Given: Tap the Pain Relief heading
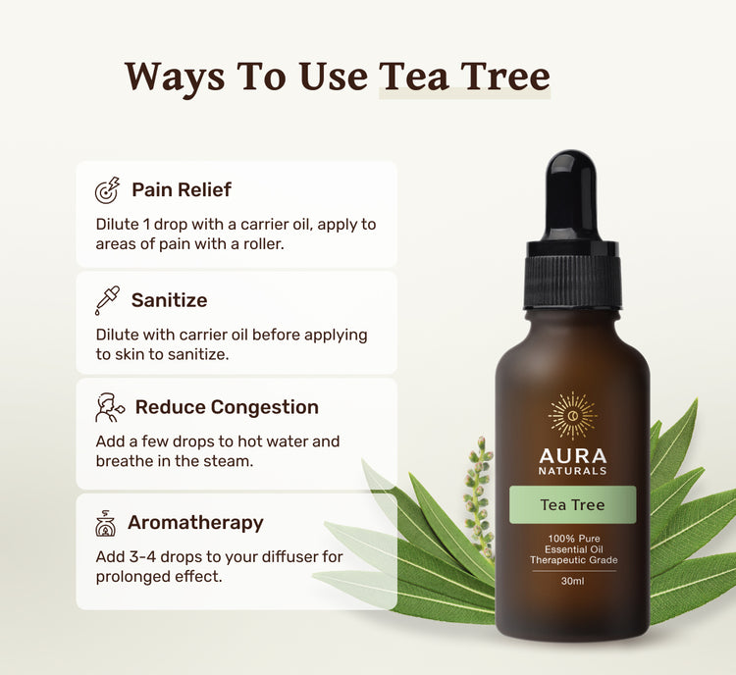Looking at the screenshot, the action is pyautogui.click(x=182, y=189).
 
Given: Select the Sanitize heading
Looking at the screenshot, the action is pyautogui.click(x=170, y=300).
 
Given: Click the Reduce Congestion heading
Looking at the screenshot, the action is pyautogui.click(x=227, y=407).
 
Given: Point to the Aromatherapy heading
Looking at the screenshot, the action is pyautogui.click(x=195, y=523).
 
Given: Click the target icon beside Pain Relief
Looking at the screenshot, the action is pyautogui.click(x=108, y=190).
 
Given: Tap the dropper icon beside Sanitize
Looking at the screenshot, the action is pyautogui.click(x=108, y=300).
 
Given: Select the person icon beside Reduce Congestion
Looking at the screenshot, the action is pyautogui.click(x=110, y=407).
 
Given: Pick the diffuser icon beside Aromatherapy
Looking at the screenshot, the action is pyautogui.click(x=106, y=523).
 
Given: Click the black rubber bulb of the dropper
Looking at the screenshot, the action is pyautogui.click(x=571, y=196).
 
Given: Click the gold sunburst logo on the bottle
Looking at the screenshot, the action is pyautogui.click(x=573, y=416).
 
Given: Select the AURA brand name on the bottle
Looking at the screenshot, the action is pyautogui.click(x=573, y=456).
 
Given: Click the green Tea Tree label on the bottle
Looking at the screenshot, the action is pyautogui.click(x=573, y=504).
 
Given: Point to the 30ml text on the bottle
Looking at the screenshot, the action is pyautogui.click(x=573, y=581).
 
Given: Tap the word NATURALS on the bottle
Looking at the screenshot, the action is pyautogui.click(x=573, y=471).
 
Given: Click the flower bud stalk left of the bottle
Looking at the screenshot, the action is pyautogui.click(x=479, y=497).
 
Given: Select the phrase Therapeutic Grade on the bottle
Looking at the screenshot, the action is pyautogui.click(x=574, y=560).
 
